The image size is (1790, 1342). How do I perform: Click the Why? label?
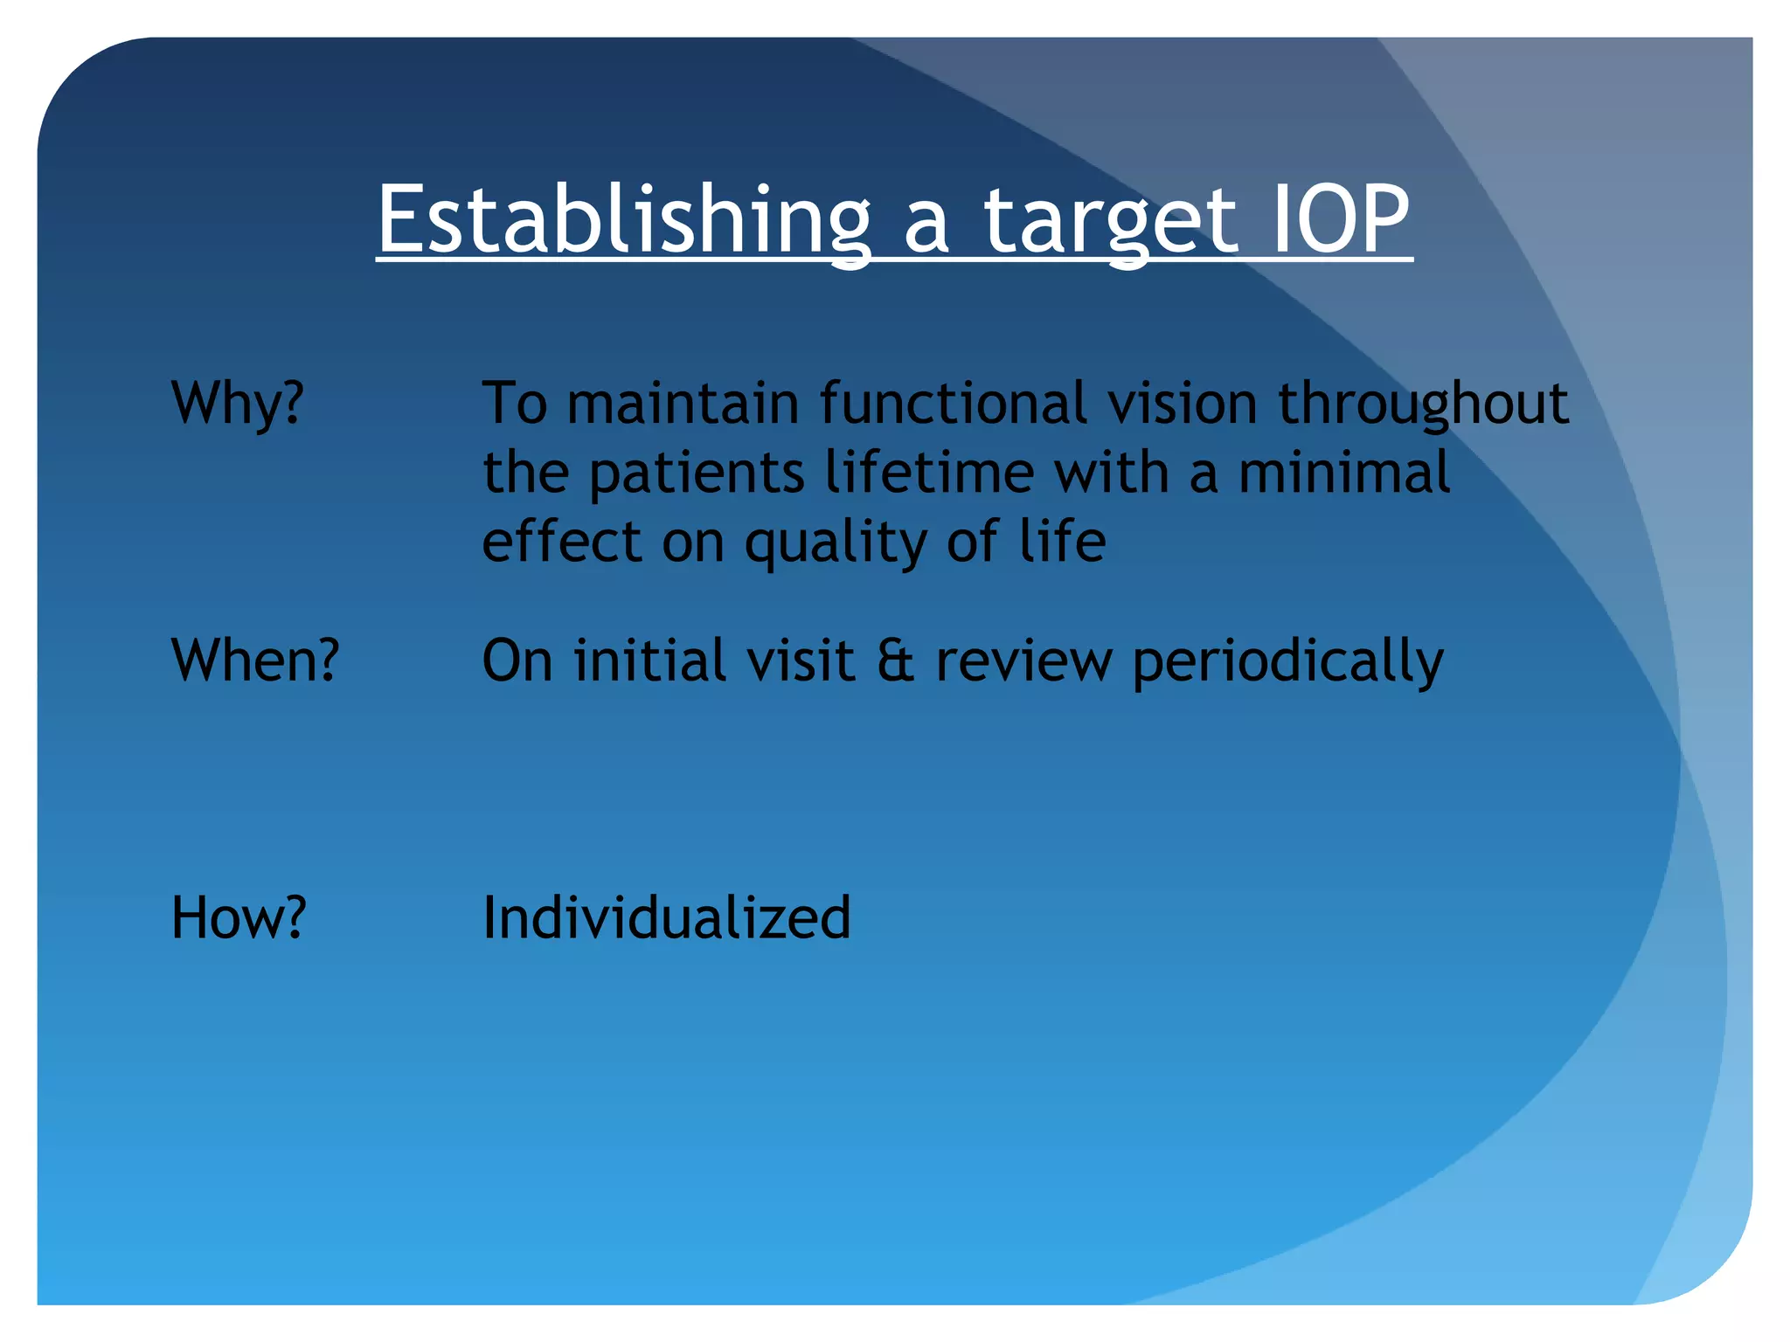(238, 404)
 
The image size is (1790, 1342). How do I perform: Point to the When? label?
(255, 660)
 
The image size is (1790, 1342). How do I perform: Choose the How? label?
(239, 917)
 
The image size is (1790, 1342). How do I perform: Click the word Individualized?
(666, 917)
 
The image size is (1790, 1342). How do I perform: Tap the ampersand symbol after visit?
(895, 661)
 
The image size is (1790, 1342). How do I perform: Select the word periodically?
(1287, 661)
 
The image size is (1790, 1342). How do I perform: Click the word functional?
(953, 404)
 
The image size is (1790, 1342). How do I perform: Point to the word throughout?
(1423, 404)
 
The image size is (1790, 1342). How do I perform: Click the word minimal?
(1344, 473)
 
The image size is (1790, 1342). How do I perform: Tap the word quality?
(835, 542)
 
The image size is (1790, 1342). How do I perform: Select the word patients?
(696, 473)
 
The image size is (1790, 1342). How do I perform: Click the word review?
(1023, 661)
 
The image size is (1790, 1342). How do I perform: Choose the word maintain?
(683, 404)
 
